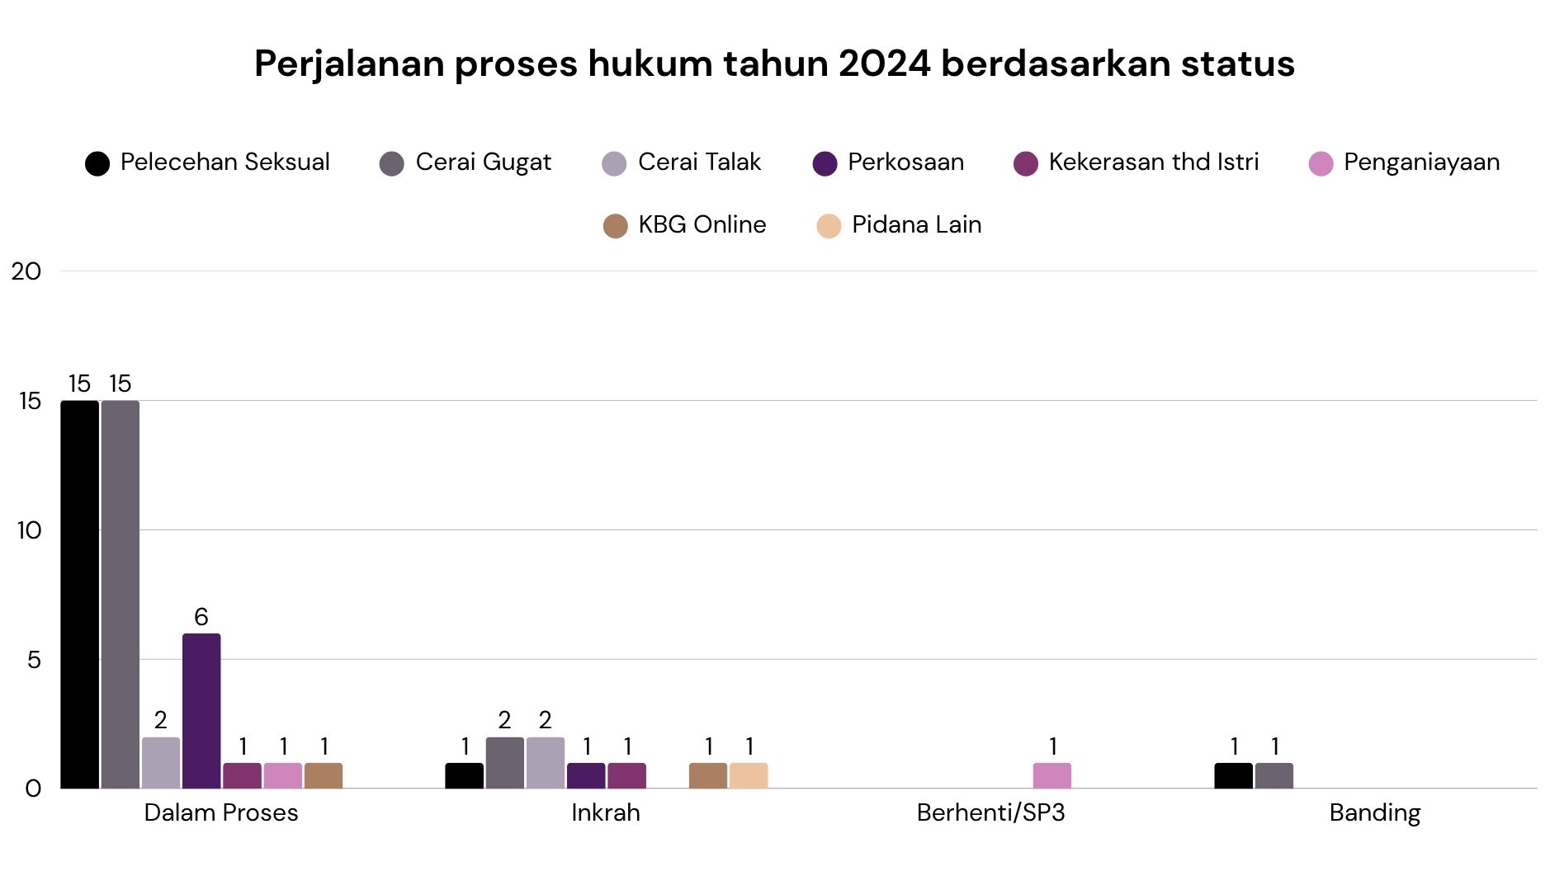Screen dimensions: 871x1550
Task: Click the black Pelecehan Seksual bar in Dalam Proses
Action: click(x=79, y=594)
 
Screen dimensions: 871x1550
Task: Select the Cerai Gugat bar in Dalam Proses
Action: click(x=121, y=594)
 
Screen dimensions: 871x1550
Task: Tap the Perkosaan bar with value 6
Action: click(x=201, y=711)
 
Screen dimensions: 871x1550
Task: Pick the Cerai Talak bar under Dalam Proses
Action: click(x=161, y=763)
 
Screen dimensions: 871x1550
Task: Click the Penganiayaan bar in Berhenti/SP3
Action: click(x=1052, y=775)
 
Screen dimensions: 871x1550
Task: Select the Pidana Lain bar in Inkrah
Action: click(x=749, y=775)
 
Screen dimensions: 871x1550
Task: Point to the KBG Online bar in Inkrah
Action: click(x=708, y=775)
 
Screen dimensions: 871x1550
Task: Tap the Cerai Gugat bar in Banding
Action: click(x=1274, y=775)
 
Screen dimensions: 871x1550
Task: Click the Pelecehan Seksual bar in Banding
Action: click(x=1234, y=775)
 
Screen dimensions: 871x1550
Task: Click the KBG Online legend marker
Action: click(x=616, y=225)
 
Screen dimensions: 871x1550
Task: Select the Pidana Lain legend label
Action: click(x=916, y=224)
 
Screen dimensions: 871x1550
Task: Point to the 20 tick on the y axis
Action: click(x=26, y=271)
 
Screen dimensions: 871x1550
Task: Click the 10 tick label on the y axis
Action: click(x=29, y=530)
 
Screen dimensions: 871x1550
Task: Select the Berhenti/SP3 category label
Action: click(x=990, y=813)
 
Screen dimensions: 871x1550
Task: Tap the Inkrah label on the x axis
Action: click(x=606, y=813)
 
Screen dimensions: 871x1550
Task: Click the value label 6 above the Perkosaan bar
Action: click(x=201, y=617)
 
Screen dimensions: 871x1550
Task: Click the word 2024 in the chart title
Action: click(x=885, y=64)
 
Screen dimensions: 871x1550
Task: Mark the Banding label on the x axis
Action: click(x=1375, y=813)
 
